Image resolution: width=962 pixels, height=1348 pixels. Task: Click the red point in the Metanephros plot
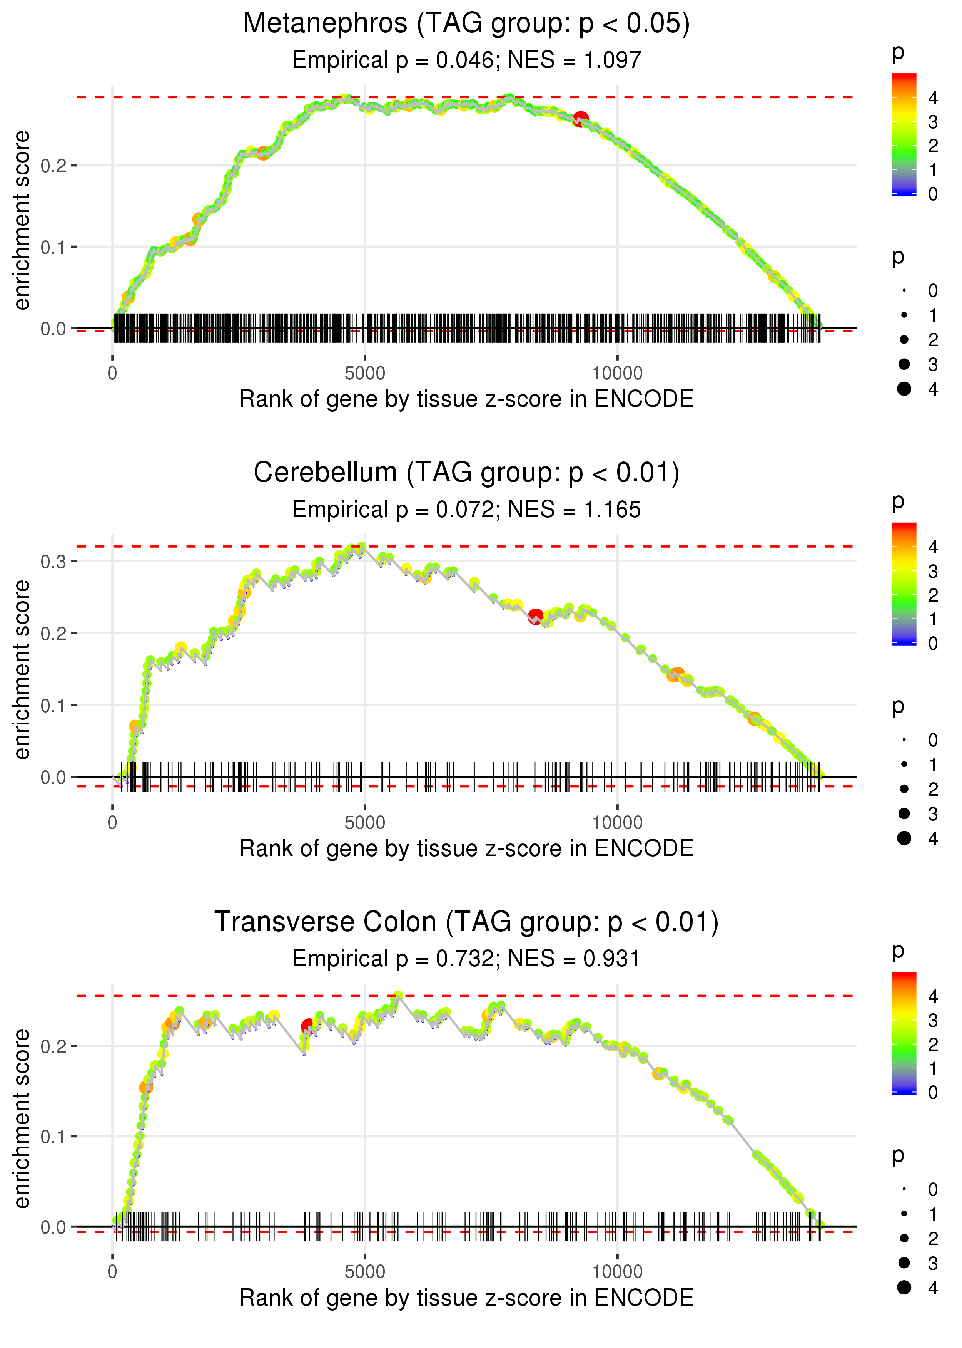point(581,119)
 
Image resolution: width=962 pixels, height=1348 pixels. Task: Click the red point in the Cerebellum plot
point(536,617)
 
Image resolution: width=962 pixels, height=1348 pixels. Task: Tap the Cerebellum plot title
point(466,473)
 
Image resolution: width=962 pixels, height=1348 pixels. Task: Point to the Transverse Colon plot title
point(466,922)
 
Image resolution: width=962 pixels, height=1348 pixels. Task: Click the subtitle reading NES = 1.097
point(466,60)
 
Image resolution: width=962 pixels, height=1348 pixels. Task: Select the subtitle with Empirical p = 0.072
point(466,509)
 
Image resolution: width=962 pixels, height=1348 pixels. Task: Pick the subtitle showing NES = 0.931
point(466,959)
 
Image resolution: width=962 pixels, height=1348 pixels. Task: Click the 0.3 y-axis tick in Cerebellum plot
point(53,562)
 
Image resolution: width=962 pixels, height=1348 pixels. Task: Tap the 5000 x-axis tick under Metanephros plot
point(364,374)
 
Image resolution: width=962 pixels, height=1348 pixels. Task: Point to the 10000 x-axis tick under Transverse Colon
point(617,1272)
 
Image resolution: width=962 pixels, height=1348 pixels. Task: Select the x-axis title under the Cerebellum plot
point(466,848)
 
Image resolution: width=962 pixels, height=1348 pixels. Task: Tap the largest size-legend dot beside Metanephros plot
point(904,388)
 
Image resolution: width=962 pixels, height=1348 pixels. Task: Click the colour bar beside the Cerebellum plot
point(904,584)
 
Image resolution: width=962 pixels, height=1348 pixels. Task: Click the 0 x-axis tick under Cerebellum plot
point(112,823)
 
